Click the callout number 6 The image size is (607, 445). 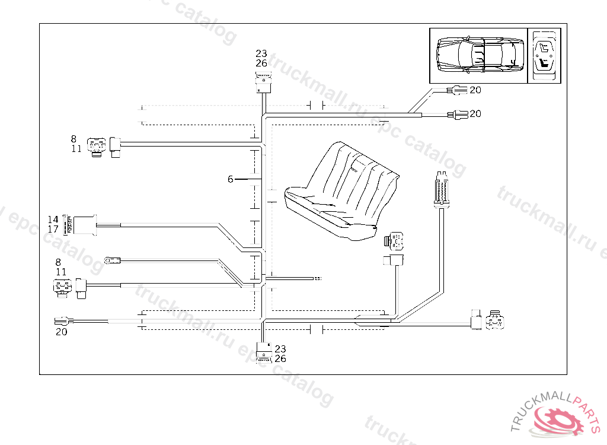click(x=231, y=179)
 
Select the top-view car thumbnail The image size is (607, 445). click(x=479, y=55)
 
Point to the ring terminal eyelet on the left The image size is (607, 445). click(x=110, y=259)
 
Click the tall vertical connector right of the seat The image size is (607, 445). click(x=440, y=189)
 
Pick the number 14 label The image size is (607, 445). click(x=53, y=220)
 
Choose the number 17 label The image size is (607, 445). click(x=53, y=228)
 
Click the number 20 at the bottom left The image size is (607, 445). click(x=62, y=332)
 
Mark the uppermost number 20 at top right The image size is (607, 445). click(x=475, y=90)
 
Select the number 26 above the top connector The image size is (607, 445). click(x=261, y=63)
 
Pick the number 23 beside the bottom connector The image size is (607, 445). click(x=280, y=349)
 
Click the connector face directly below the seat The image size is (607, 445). click(x=395, y=241)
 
